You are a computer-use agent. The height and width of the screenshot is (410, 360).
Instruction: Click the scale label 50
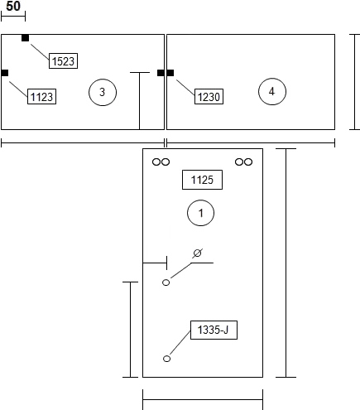pos(13,6)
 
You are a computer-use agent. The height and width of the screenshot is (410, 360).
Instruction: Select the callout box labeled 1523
pos(63,60)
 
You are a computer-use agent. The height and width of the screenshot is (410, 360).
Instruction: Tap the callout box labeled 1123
pos(41,96)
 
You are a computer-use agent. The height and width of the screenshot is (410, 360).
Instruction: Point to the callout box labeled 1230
pos(209,96)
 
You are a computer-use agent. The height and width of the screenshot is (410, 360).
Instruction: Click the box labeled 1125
pos(202,180)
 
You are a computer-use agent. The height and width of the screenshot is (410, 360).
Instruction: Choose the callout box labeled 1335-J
pos(214,330)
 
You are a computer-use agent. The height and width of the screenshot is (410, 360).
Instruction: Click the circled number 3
pos(103,92)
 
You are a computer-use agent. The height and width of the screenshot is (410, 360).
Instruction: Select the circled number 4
pos(272,91)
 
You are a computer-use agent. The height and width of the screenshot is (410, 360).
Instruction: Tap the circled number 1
pos(200,213)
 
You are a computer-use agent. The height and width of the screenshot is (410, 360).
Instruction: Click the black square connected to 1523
pos(25,38)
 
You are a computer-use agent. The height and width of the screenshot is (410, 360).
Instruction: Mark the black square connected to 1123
pos(5,73)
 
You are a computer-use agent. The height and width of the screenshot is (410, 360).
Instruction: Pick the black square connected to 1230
pos(170,73)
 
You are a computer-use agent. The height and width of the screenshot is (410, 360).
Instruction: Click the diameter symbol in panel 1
pos(197,253)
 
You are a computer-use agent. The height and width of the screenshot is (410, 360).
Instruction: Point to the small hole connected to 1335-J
pos(166,359)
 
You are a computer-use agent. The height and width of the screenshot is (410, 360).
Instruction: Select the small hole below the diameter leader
pos(166,282)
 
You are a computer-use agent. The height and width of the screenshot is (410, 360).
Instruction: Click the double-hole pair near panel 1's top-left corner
pos(161,162)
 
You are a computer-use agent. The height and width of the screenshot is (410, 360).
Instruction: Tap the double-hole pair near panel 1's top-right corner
pos(243,162)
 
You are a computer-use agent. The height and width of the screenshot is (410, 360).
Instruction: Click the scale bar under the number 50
pos(13,17)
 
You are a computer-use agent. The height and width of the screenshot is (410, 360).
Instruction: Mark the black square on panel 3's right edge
pos(161,73)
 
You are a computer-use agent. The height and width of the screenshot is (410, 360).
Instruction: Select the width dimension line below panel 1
pos(203,399)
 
